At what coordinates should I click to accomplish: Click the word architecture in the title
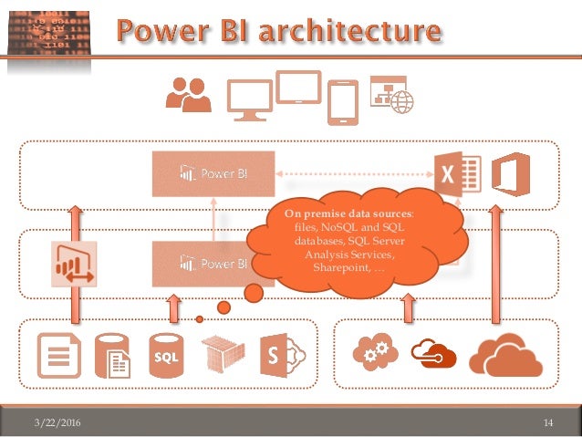tap(360, 33)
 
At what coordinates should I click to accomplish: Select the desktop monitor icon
tap(249, 99)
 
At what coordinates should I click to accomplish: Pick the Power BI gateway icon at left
tap(76, 265)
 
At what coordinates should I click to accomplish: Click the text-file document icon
tap(57, 357)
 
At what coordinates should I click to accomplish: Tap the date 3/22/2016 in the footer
tap(53, 421)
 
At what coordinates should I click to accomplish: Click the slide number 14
tap(548, 421)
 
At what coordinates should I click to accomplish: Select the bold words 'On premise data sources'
tap(346, 213)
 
